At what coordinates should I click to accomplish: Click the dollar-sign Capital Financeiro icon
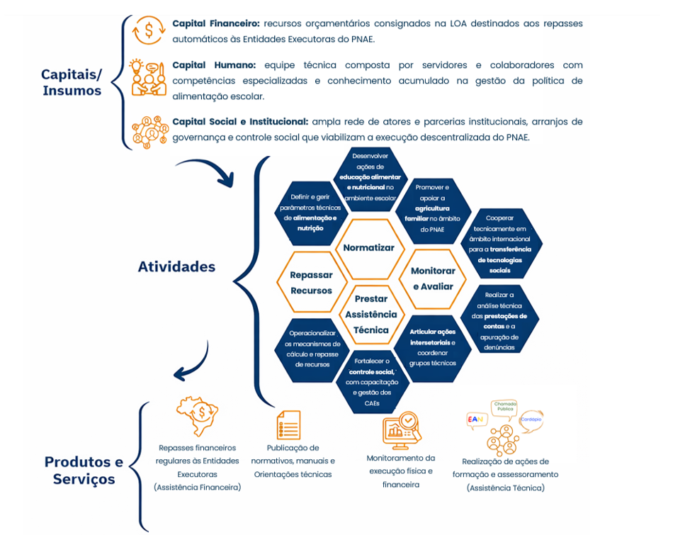point(149,30)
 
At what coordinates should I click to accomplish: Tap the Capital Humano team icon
point(149,77)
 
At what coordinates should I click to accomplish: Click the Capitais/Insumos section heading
point(72,82)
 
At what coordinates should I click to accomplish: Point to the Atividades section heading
point(176,266)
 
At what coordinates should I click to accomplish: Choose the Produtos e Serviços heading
point(84,470)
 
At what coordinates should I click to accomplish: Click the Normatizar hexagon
point(368,248)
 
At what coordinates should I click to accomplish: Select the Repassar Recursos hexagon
point(311,282)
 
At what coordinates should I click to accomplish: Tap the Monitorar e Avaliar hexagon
point(433,278)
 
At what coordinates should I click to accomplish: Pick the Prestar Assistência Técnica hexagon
point(371,314)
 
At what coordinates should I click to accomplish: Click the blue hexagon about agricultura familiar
point(431,208)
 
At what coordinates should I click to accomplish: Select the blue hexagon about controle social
point(372,382)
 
